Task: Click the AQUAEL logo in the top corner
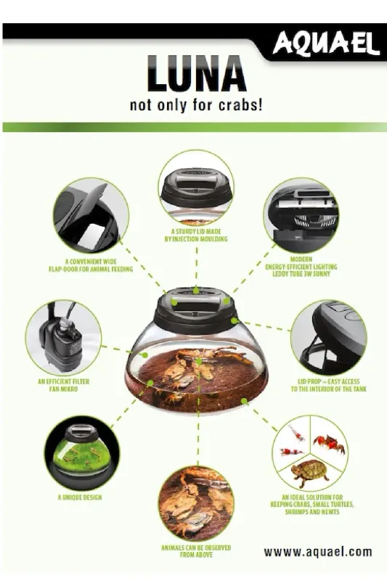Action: [326, 44]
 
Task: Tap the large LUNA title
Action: [196, 73]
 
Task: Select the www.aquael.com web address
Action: [318, 552]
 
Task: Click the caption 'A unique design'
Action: [80, 497]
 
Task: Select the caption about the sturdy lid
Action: [196, 235]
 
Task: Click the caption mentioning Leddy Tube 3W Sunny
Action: [301, 267]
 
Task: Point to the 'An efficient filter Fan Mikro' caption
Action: [63, 386]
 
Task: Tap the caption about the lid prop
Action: [328, 386]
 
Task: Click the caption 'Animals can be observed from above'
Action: [196, 551]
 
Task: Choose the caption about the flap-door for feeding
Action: [91, 265]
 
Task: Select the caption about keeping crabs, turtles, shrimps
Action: [312, 504]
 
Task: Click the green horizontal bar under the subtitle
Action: [195, 127]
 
